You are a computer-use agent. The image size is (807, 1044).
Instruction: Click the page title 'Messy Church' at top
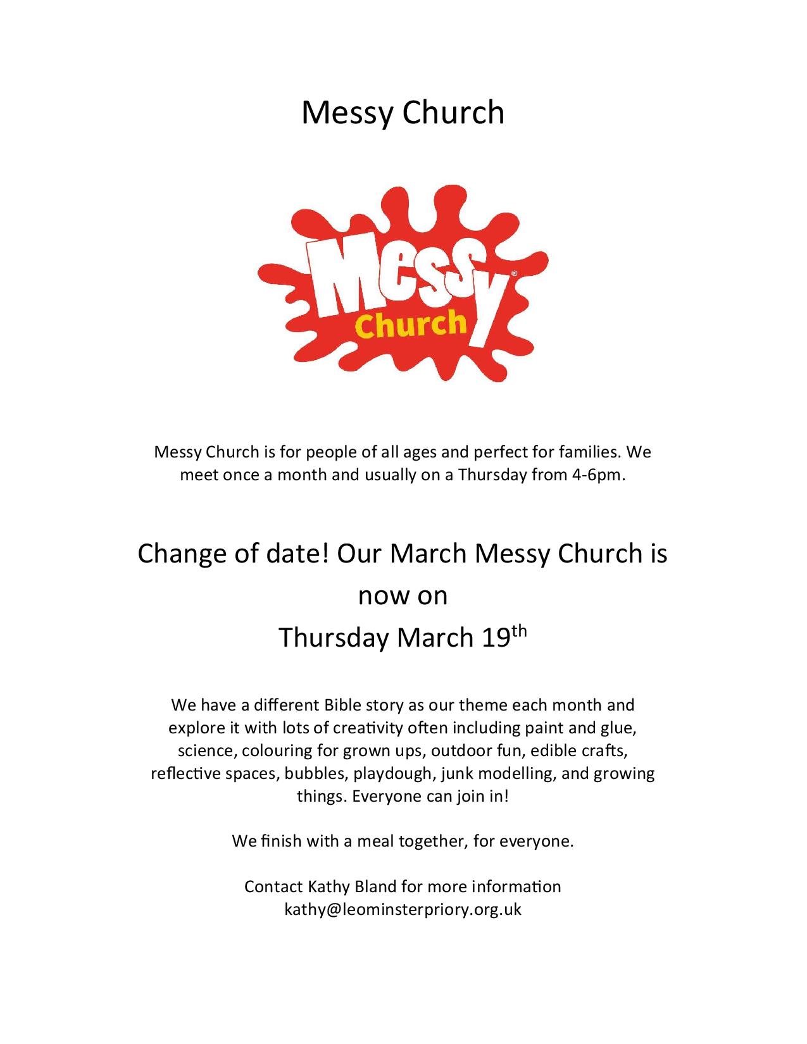pyautogui.click(x=403, y=113)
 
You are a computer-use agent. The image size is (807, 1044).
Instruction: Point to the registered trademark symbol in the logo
pyautogui.click(x=513, y=274)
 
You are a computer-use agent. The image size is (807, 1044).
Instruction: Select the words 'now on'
pyautogui.click(x=403, y=596)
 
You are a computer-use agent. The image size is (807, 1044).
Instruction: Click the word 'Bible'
pyautogui.click(x=342, y=705)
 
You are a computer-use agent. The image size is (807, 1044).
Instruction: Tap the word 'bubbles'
pyautogui.click(x=315, y=773)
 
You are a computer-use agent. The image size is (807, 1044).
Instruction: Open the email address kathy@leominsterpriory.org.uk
pyautogui.click(x=403, y=909)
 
